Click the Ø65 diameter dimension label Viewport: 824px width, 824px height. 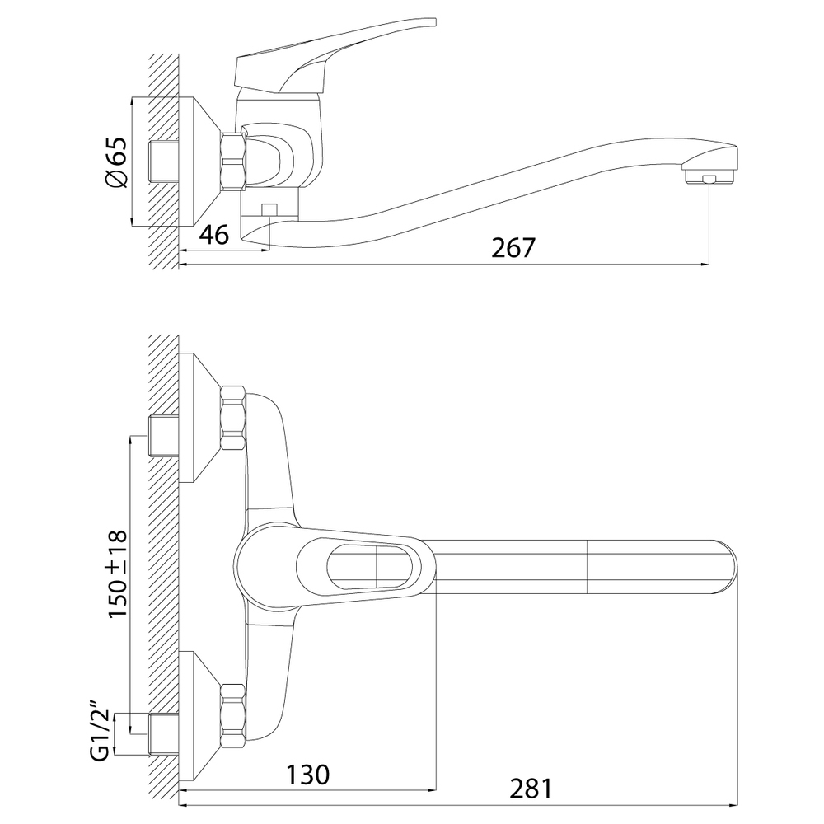(x=118, y=162)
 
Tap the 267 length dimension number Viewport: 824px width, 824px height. (x=513, y=247)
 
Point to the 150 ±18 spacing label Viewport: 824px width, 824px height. (x=118, y=575)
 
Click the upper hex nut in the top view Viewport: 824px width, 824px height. (x=232, y=417)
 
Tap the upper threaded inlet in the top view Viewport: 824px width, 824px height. (x=164, y=436)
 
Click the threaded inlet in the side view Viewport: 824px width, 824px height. (x=164, y=162)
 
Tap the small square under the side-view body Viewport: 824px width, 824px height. (x=269, y=209)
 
